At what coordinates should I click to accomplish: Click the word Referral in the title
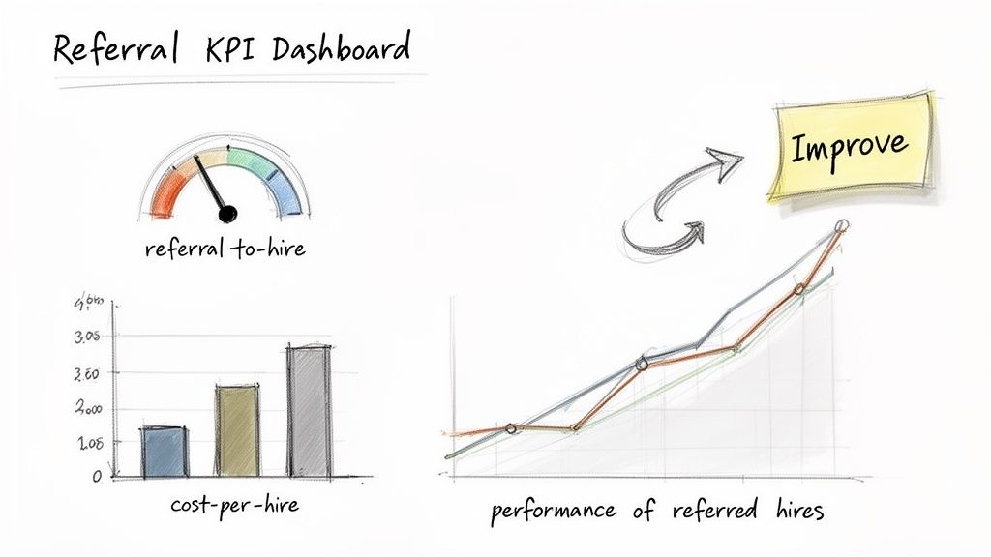point(113,48)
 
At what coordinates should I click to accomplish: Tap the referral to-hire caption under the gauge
point(225,249)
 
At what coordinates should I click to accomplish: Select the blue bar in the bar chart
point(164,452)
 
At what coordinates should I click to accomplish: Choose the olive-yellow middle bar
point(237,430)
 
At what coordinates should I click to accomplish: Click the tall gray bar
point(309,411)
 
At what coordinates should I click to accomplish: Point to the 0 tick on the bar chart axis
point(97,476)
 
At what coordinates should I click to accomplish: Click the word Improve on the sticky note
point(850,147)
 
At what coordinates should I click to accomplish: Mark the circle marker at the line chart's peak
point(841,226)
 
